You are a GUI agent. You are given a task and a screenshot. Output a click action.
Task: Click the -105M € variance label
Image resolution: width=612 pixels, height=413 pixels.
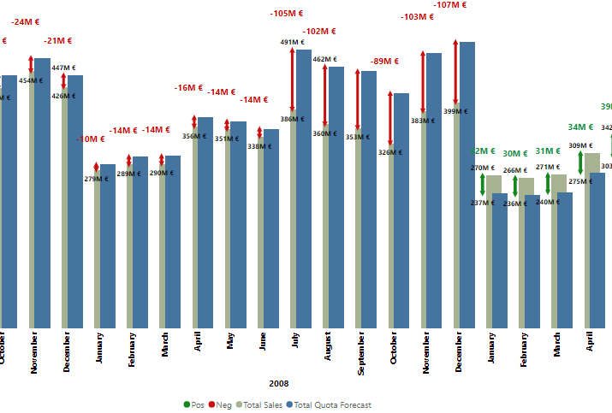pos(287,14)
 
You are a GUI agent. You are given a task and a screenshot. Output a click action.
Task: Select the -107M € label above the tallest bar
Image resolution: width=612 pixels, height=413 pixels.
pos(450,5)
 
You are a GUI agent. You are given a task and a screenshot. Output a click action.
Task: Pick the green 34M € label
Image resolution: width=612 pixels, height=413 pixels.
pos(580,127)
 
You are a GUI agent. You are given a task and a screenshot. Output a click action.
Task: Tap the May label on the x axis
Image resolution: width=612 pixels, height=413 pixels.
pos(230,343)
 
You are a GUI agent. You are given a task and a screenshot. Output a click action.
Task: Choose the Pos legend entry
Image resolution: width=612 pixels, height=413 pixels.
pos(193,405)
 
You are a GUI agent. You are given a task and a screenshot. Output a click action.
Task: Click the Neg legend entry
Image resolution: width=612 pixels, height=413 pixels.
pos(220,405)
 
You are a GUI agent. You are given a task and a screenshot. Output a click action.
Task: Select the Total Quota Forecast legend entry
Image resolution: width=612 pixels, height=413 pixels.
pos(329,405)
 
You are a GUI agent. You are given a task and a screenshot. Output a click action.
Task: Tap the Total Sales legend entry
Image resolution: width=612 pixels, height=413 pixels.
pos(259,405)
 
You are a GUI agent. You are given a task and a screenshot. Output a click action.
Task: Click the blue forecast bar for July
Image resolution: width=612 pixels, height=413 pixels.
pos(304,188)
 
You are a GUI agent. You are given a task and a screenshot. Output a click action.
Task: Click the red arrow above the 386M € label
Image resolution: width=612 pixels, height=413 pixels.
pos(292,81)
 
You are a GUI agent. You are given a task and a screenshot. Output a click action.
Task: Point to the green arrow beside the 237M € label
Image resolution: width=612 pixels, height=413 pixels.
pos(483,184)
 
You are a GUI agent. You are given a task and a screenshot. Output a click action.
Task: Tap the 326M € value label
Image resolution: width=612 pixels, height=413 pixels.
pos(389,152)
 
